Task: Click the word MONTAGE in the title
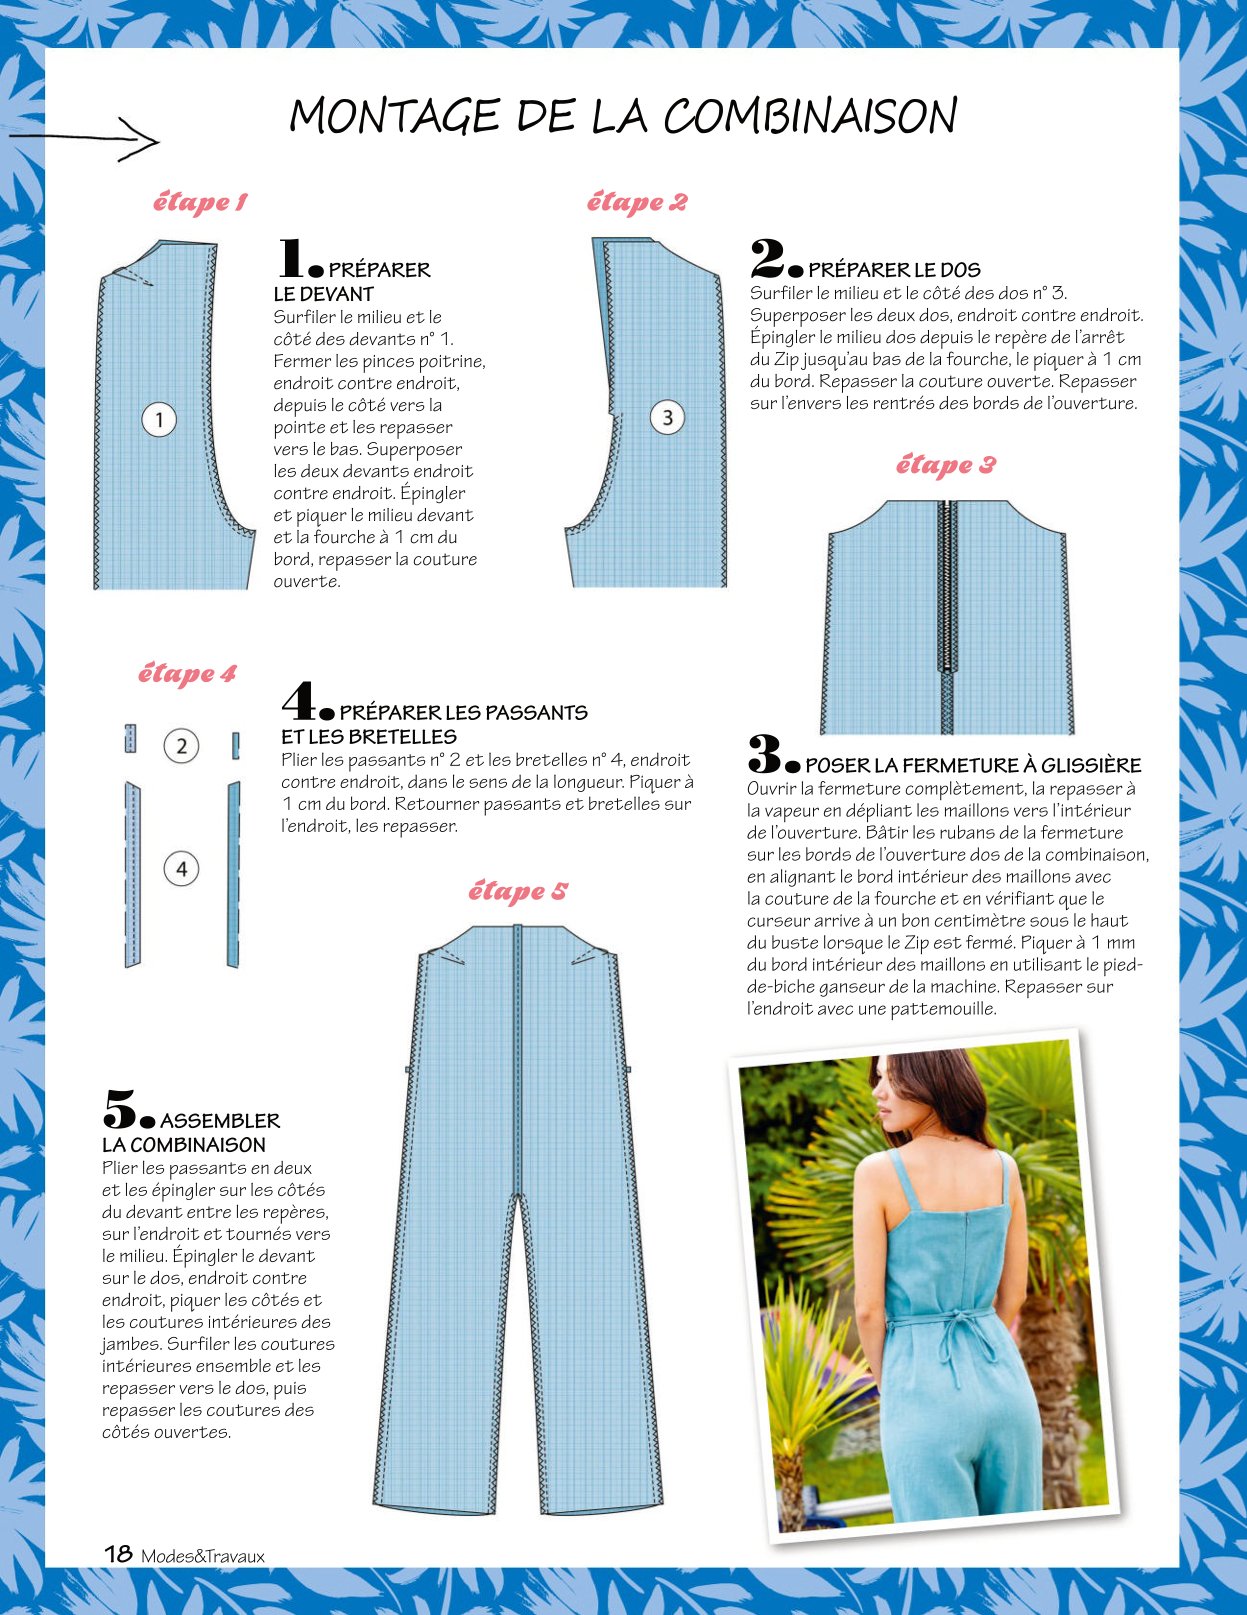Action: (x=395, y=117)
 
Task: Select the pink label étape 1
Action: (x=199, y=202)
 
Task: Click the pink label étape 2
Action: (x=637, y=202)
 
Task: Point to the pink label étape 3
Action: (x=945, y=465)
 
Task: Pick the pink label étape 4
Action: (x=187, y=673)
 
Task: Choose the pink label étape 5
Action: (x=518, y=890)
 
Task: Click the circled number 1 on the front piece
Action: (x=159, y=420)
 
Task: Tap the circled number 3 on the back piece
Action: (x=667, y=418)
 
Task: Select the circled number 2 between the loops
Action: (x=181, y=745)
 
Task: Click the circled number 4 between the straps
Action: (x=181, y=869)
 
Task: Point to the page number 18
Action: (x=118, y=1553)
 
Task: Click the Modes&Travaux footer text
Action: (x=203, y=1555)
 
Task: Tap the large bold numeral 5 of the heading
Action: (x=120, y=1110)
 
